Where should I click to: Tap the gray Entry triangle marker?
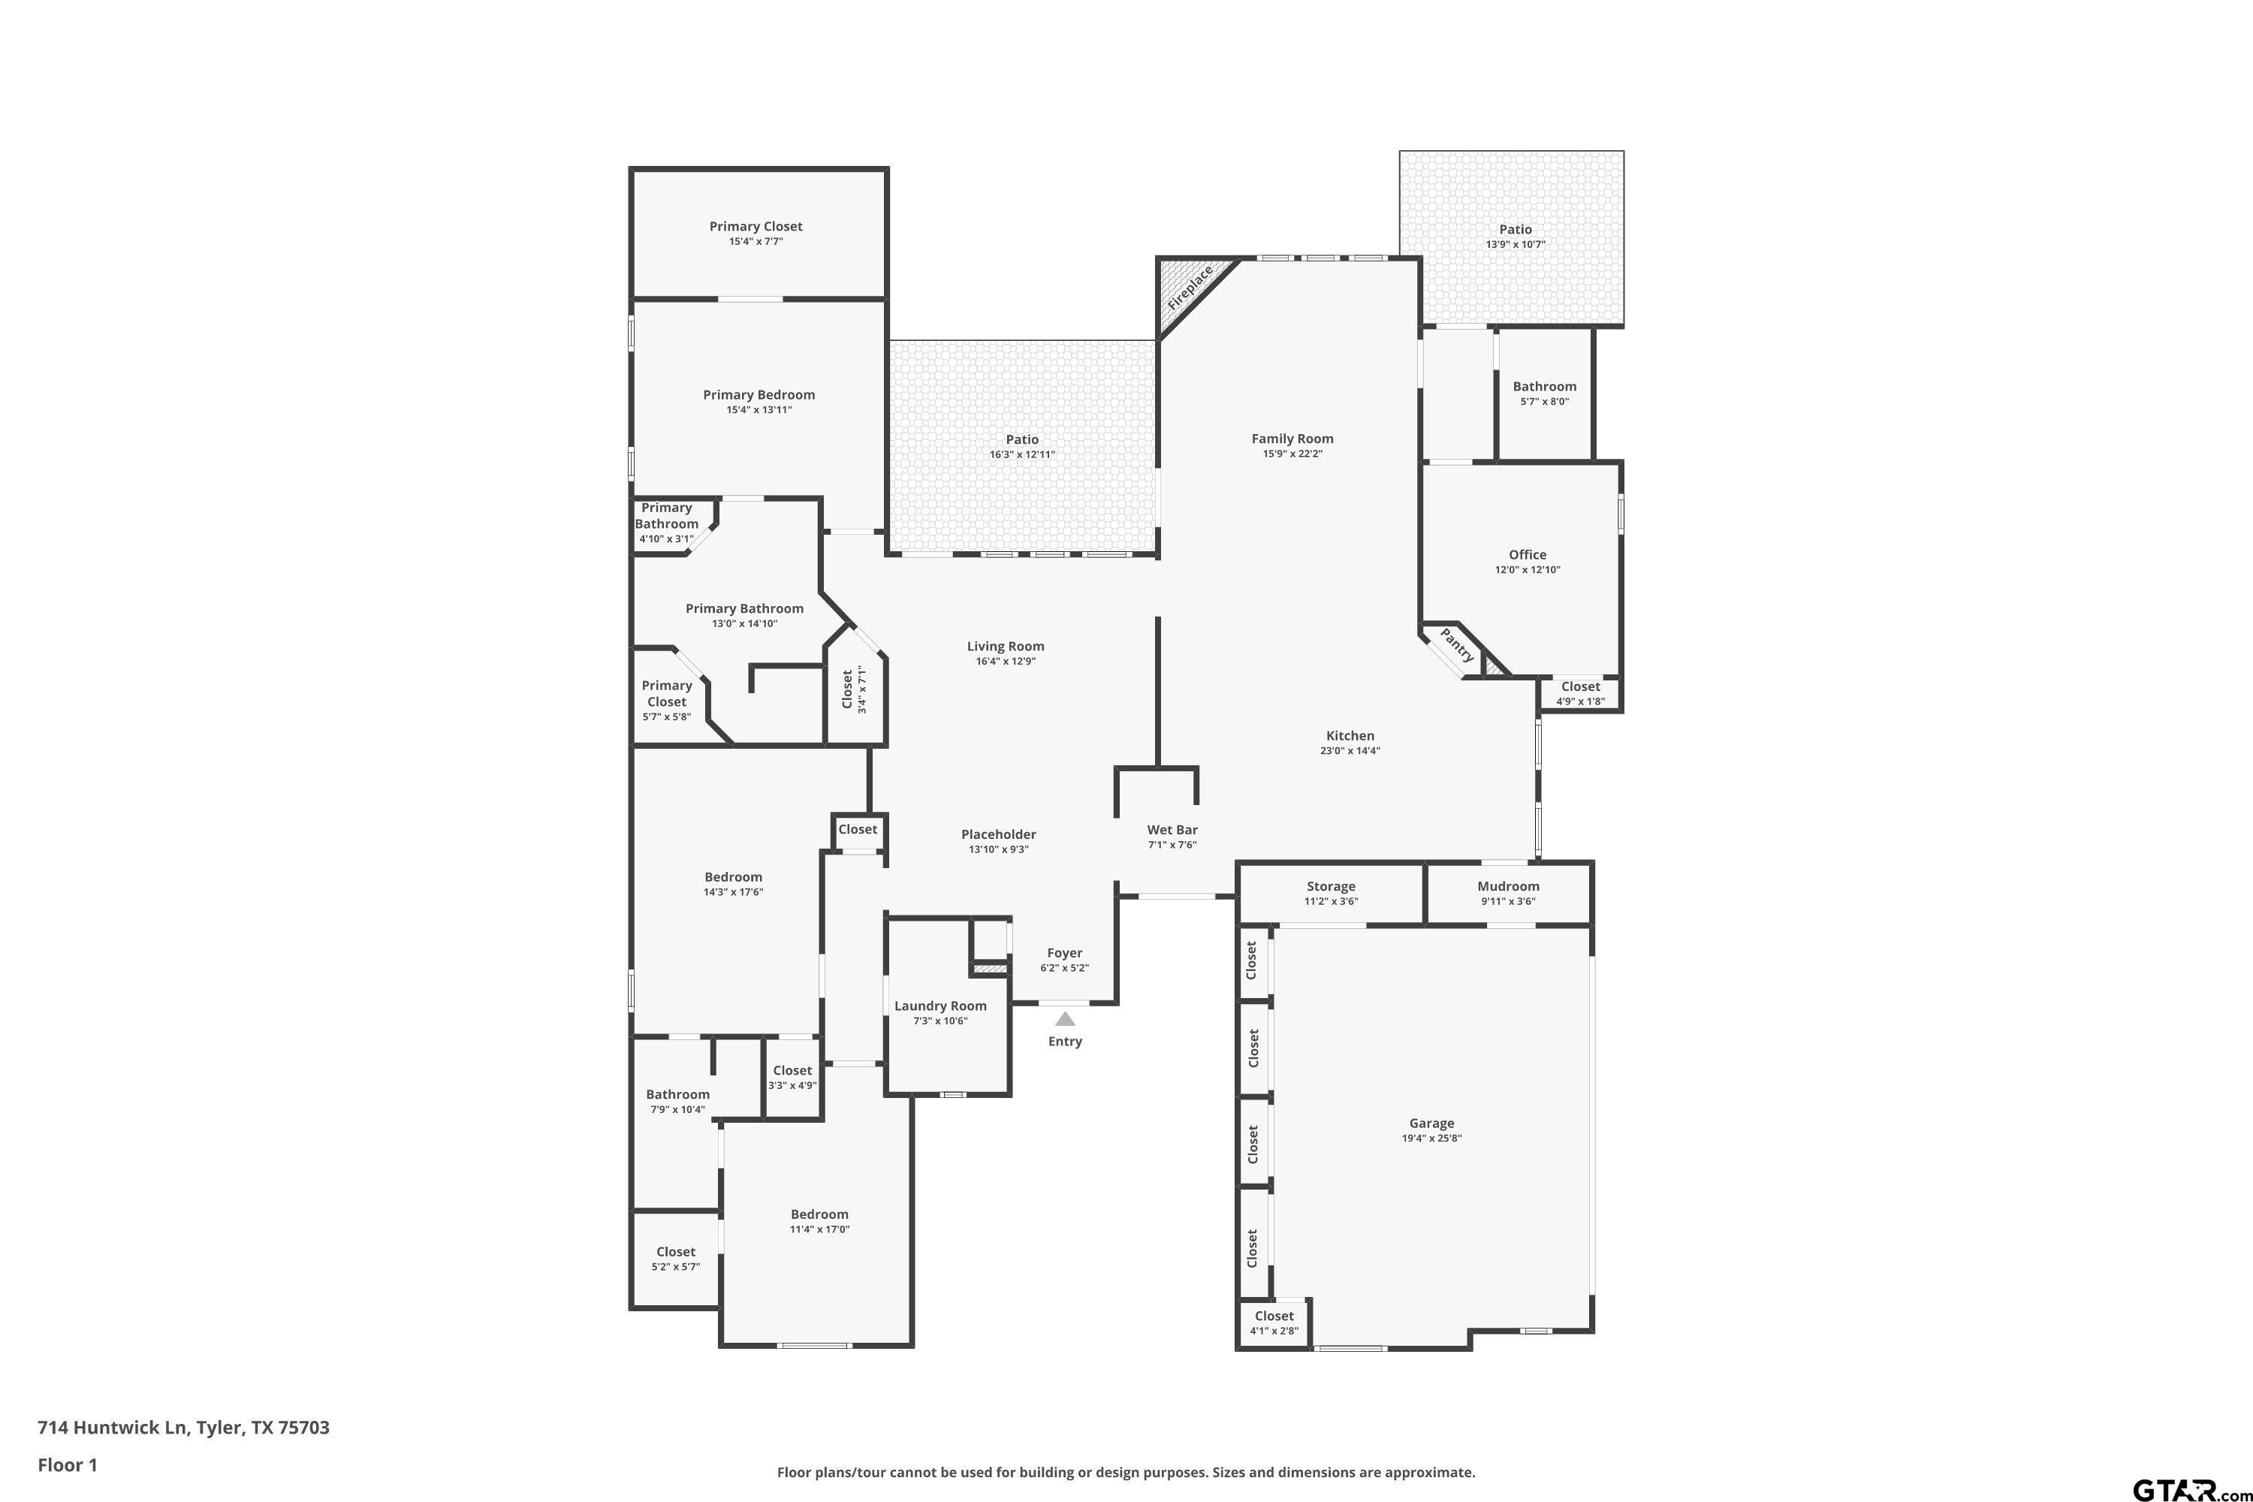(1064, 1019)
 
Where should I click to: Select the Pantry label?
(1457, 644)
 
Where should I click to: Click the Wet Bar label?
(1172, 830)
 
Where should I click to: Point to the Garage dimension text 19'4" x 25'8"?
(1431, 1138)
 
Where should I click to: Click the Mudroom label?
(1508, 886)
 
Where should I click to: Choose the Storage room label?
(1331, 886)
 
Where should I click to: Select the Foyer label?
(1064, 952)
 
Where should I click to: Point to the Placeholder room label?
(998, 834)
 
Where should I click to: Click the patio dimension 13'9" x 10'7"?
(1515, 244)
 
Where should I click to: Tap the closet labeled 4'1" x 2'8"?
(1273, 1331)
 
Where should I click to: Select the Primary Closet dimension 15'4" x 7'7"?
(756, 241)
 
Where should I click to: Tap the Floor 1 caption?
(67, 1464)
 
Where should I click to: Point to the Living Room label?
(1005, 646)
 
